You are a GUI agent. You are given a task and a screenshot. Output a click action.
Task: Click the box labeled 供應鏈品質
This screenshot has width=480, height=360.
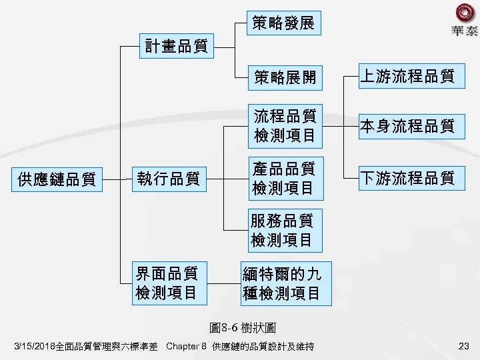(x=57, y=179)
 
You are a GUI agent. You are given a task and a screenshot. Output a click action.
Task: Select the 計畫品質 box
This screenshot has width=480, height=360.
(x=177, y=46)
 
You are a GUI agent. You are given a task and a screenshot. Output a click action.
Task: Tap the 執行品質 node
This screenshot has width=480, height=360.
(x=169, y=179)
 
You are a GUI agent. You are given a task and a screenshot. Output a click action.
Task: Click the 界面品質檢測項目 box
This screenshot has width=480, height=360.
(x=167, y=282)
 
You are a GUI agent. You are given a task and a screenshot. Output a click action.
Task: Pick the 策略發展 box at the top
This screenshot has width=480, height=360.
(x=283, y=24)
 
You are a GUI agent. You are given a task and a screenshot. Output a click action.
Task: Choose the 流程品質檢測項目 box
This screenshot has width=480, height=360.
(x=283, y=125)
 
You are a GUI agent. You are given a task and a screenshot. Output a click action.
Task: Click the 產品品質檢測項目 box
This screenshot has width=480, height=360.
(x=283, y=178)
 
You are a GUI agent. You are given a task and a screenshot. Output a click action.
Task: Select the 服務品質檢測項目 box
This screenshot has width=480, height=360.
(x=283, y=229)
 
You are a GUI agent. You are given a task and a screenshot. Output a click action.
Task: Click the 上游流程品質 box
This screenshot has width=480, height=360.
(x=407, y=76)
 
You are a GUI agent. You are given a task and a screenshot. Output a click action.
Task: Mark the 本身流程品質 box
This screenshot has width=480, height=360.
(x=407, y=125)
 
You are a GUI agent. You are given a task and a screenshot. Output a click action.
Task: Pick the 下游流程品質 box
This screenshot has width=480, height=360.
(x=407, y=178)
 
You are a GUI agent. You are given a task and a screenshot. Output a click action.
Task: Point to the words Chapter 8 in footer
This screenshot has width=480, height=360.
(x=186, y=347)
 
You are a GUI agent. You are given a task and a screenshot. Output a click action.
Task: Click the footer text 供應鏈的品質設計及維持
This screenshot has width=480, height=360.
(x=263, y=347)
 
